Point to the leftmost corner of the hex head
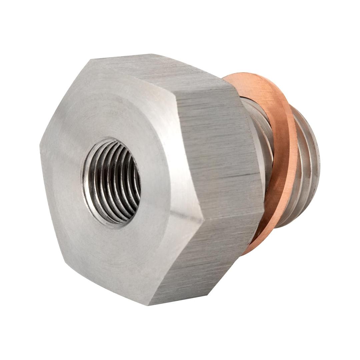(x=41, y=147)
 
